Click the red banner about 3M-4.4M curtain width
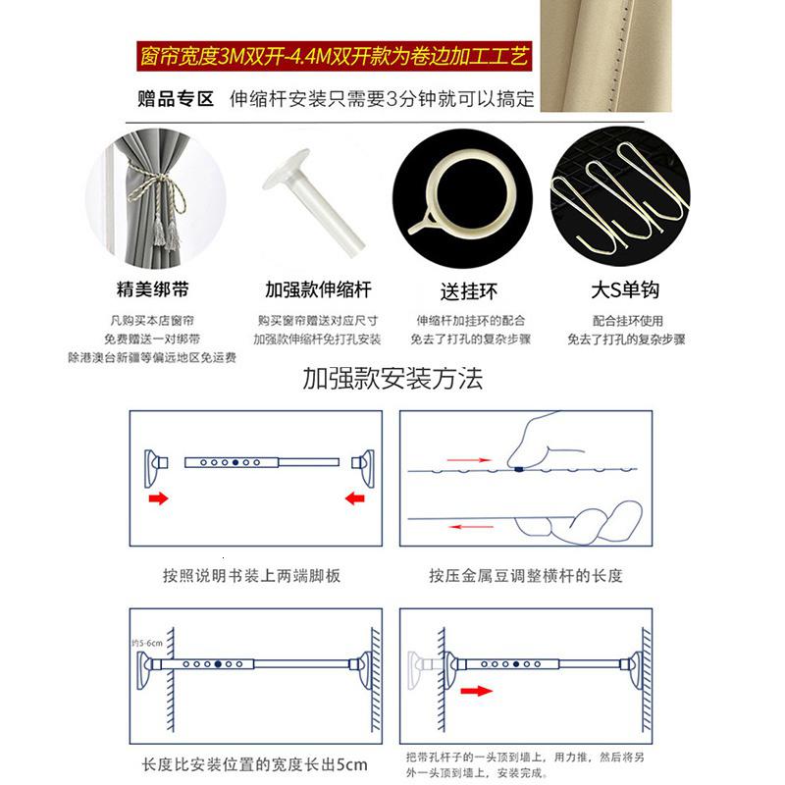tap(334, 56)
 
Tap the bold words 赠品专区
tap(176, 99)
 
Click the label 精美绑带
tap(153, 288)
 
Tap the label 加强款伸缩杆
tap(318, 289)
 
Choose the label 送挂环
tap(469, 291)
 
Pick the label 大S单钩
tap(625, 289)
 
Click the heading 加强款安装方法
tap(392, 378)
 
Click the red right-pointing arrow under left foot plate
tap(158, 498)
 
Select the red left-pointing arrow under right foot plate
tap(355, 498)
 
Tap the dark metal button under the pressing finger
tap(519, 469)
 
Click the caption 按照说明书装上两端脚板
tap(251, 576)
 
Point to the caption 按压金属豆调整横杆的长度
tap(526, 576)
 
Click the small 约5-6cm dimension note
tap(147, 643)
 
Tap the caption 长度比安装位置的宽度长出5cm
tap(255, 764)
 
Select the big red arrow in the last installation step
tap(477, 691)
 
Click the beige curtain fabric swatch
tap(606, 55)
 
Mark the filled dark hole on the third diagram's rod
tap(218, 664)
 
